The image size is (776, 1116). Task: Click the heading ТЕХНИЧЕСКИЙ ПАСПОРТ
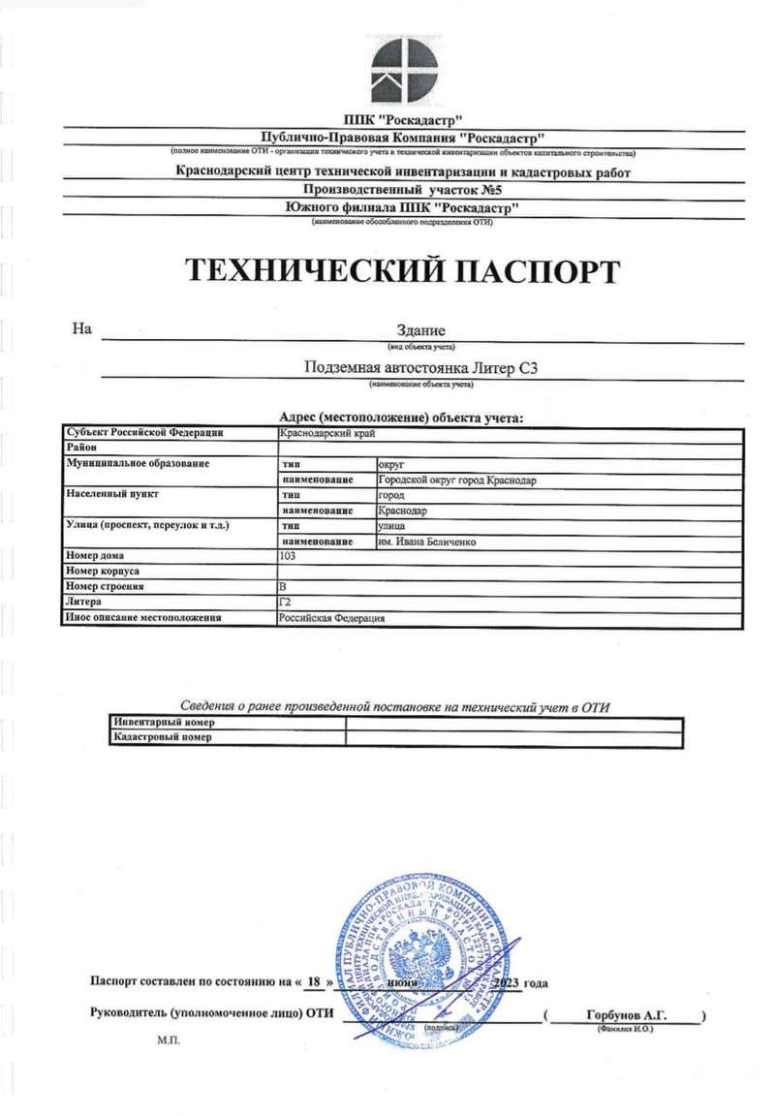[x=400, y=271]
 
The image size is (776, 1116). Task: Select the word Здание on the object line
[x=421, y=331]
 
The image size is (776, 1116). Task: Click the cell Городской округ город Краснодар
[x=456, y=480]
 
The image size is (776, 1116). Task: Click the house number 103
[x=288, y=556]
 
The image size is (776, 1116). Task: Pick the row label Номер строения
[x=106, y=587]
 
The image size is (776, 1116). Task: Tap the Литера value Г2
[x=285, y=602]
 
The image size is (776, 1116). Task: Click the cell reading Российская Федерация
[x=332, y=617]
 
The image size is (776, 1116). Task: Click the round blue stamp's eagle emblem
[x=424, y=959]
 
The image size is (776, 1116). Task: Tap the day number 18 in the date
[x=313, y=981]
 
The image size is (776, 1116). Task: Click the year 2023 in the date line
[x=506, y=982]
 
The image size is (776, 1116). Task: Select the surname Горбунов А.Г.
[x=627, y=1014]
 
